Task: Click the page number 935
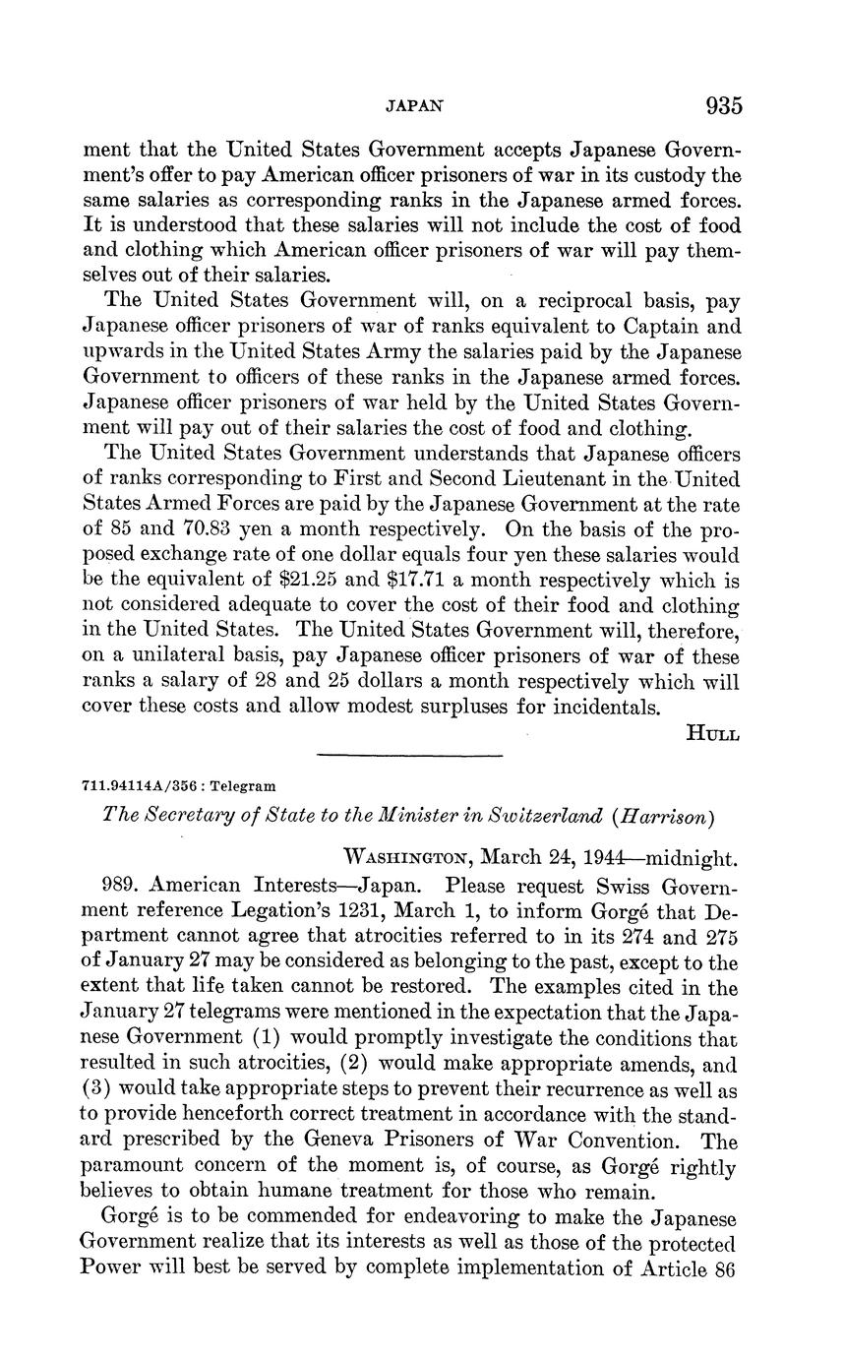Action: [x=723, y=105]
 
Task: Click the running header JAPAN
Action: [x=410, y=105]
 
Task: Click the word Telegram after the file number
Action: [x=246, y=786]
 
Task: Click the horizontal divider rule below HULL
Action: [x=410, y=756]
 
